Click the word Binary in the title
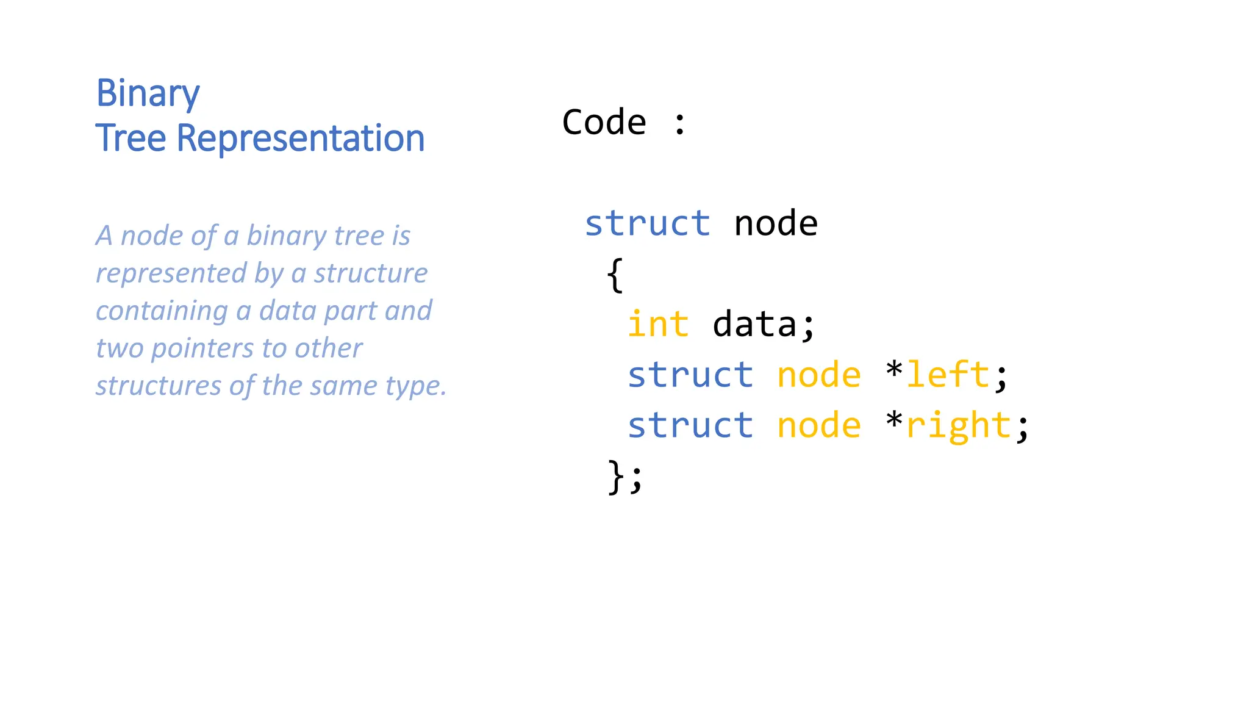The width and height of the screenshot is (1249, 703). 148,94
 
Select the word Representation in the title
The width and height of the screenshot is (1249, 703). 300,138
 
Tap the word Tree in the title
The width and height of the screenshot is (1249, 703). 131,138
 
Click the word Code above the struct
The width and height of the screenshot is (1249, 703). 604,122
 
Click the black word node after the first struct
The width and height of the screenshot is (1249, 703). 775,223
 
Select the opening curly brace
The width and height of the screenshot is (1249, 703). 615,275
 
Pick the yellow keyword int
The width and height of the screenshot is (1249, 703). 658,324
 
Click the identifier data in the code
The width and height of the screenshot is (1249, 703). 754,324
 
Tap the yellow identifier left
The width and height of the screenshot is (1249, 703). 948,374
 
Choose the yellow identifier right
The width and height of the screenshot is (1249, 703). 959,426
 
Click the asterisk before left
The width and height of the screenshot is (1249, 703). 894,370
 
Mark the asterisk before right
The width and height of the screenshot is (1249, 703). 894,420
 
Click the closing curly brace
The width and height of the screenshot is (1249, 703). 615,476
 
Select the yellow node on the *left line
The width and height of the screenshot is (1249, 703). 818,375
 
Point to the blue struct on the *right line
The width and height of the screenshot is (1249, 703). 690,425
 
